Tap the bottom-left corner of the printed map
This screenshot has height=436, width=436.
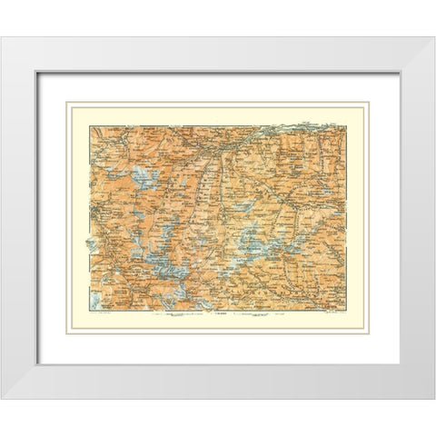click(x=88, y=309)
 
